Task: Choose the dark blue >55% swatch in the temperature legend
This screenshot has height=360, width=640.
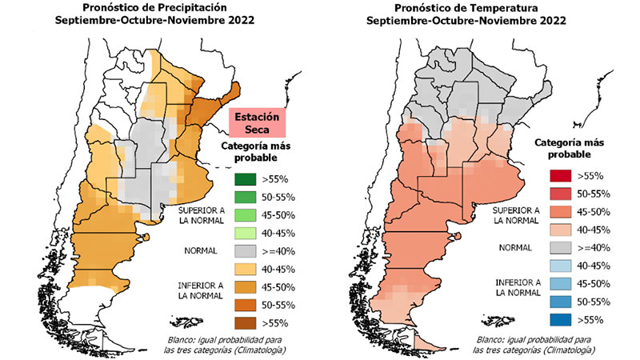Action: point(557,319)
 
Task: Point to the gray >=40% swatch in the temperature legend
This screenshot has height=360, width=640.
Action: point(557,248)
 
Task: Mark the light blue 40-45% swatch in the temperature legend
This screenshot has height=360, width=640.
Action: point(557,266)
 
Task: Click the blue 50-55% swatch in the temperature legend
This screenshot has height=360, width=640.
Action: point(557,302)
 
